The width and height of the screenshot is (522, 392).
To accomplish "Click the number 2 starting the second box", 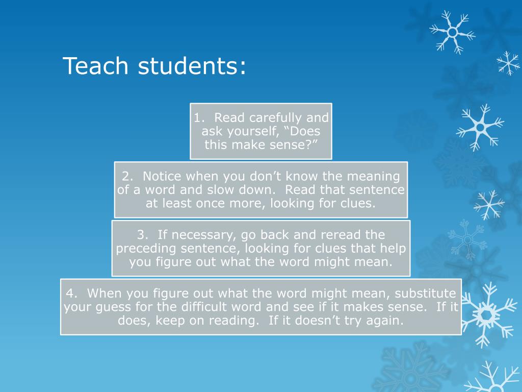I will (126, 177).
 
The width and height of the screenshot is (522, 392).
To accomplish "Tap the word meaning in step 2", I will (374, 177).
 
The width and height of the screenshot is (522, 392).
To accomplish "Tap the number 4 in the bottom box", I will (70, 293).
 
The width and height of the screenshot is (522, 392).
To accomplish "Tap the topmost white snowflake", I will (452, 32).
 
